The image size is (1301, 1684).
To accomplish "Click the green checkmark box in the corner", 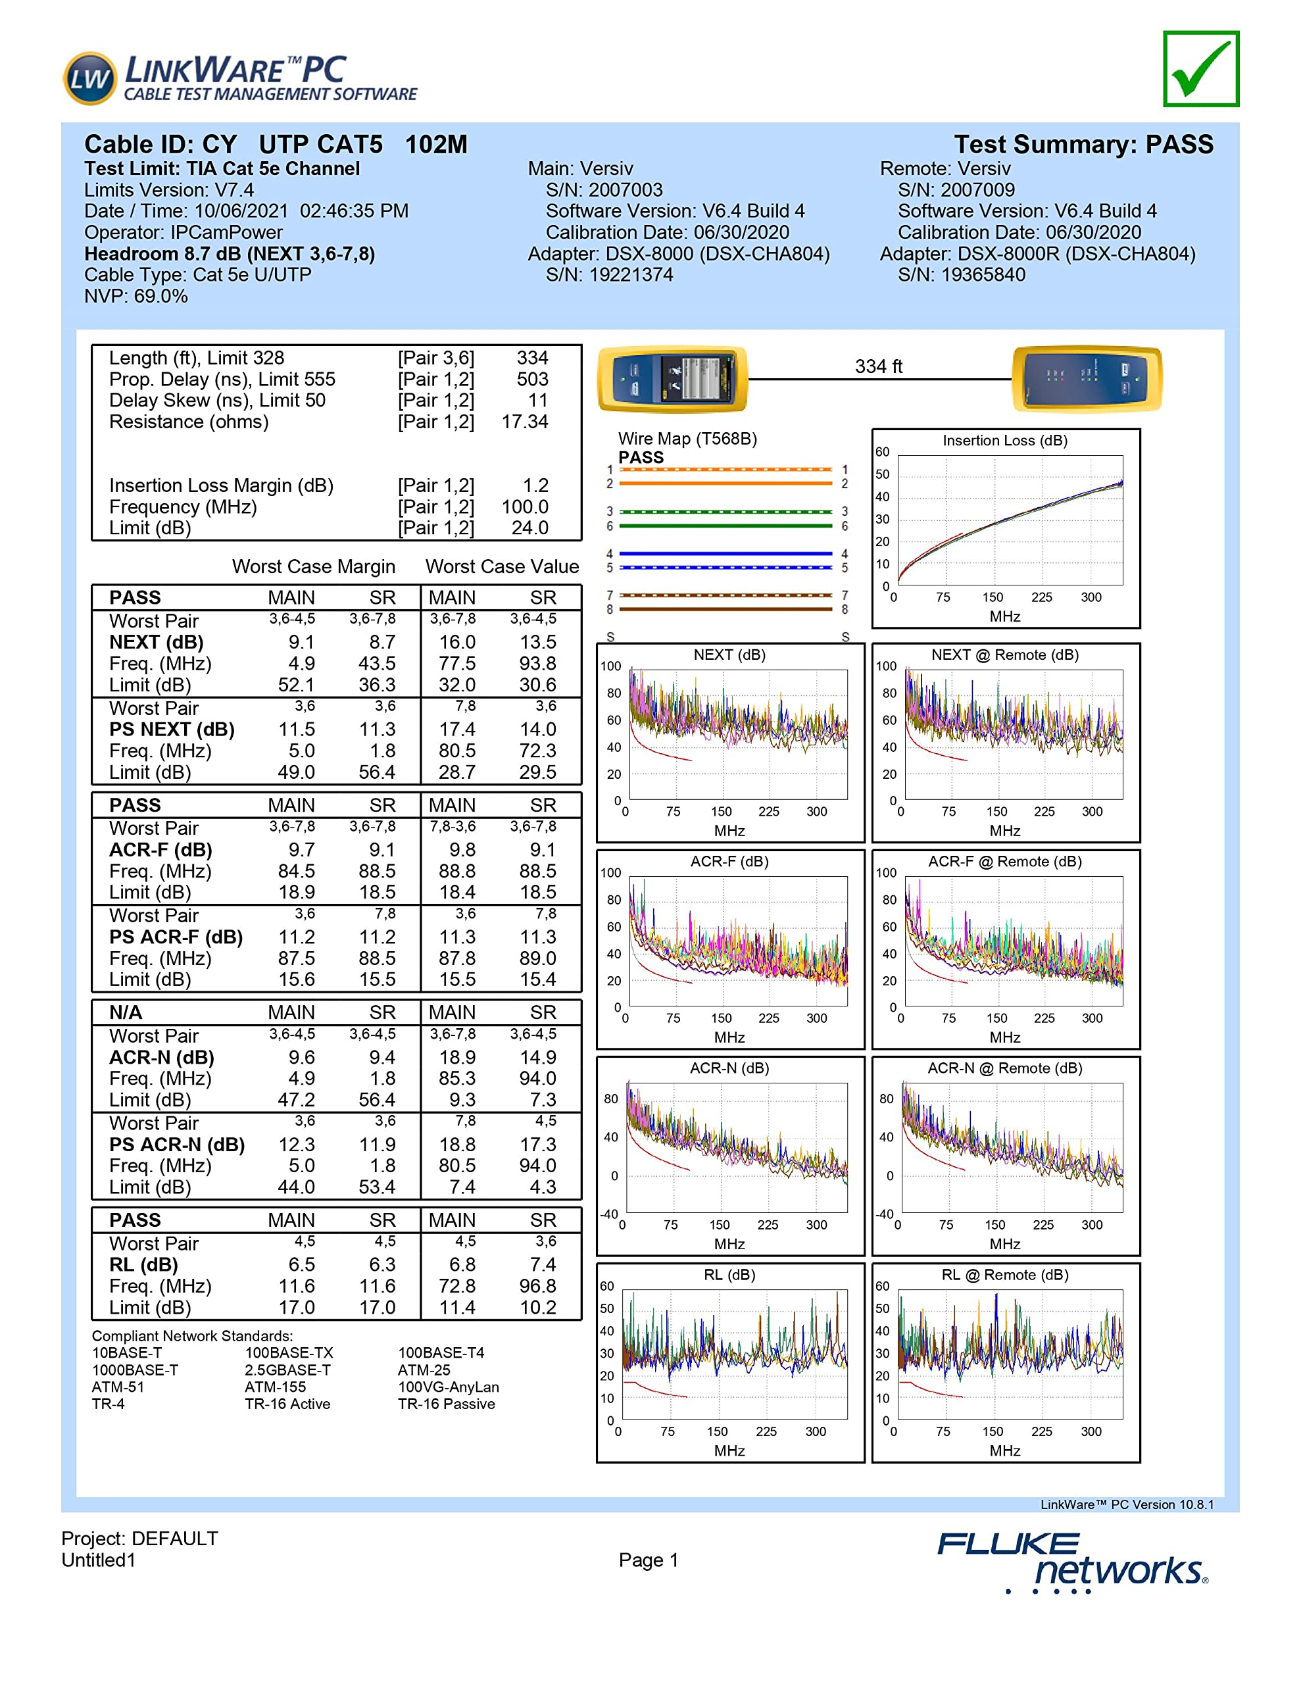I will (1200, 68).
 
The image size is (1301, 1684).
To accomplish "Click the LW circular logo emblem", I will (89, 78).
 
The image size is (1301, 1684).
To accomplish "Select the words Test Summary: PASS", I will (1083, 145).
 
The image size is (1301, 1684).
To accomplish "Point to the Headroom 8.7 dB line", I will (229, 255).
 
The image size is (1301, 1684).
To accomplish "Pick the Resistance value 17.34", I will (524, 422).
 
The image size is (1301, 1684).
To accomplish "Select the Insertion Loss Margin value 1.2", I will (535, 485).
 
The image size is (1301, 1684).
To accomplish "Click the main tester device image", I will (672, 379).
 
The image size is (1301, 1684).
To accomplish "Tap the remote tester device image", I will (1086, 379).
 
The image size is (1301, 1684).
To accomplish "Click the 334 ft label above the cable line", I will (877, 367).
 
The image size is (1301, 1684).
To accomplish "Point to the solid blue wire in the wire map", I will (725, 554).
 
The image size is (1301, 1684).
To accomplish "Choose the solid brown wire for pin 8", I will (725, 610).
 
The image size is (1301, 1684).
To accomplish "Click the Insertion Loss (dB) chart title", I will (1004, 441).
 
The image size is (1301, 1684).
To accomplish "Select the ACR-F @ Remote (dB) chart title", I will (1004, 862).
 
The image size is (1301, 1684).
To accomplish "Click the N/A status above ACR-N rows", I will (126, 1012).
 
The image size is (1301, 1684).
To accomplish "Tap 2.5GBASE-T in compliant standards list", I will (287, 1370).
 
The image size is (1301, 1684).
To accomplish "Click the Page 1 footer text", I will (648, 1560).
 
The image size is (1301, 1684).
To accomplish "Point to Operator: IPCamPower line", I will (184, 233).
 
